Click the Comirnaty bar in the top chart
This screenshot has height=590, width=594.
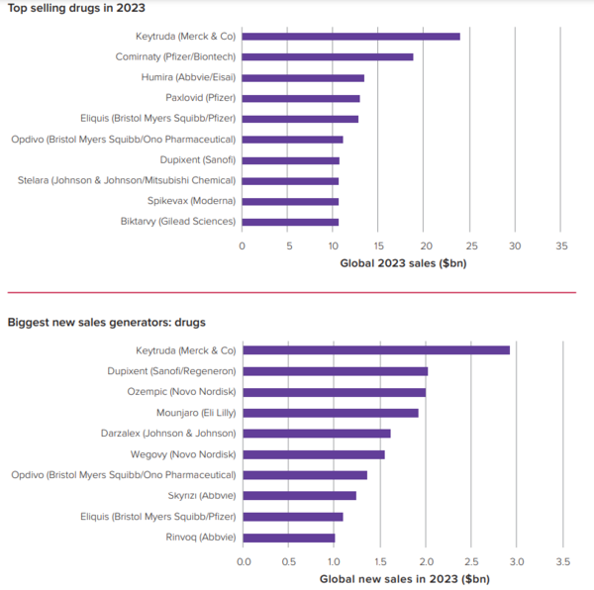[328, 56]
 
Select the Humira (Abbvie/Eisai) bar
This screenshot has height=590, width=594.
[303, 77]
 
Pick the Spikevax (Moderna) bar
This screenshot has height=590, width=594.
[290, 201]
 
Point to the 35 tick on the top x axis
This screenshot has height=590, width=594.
[560, 245]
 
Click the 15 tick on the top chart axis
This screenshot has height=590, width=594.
[378, 245]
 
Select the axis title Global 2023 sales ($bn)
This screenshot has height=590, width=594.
[402, 263]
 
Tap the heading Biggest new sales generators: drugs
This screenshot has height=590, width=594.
[106, 323]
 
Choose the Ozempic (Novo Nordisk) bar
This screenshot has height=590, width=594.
[334, 392]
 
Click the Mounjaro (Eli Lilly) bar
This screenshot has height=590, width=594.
[330, 413]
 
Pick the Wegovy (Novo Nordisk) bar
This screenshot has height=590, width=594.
[313, 454]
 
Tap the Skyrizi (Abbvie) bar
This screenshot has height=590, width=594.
[299, 495]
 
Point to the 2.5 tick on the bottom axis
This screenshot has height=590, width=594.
[470, 560]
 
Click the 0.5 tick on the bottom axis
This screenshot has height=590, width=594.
[288, 560]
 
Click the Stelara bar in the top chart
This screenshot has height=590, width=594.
[290, 180]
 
